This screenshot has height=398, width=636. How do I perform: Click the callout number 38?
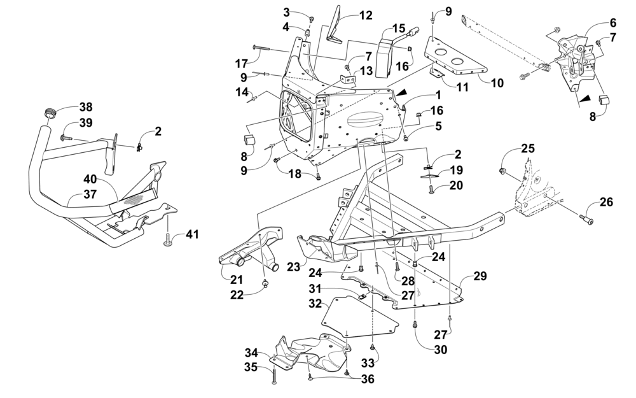coord(86,107)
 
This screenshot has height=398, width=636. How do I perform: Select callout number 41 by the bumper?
coord(193,234)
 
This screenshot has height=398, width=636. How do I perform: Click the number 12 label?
coord(366,15)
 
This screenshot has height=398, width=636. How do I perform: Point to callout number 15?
coord(399,29)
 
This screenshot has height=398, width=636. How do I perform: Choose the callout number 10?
coord(497,83)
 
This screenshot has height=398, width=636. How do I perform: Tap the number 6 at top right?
coord(612,23)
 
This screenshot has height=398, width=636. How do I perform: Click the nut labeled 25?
coord(502,171)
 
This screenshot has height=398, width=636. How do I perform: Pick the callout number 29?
coord(480,276)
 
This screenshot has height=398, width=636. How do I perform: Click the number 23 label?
coord(294,267)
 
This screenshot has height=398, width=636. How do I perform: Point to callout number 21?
coord(237,280)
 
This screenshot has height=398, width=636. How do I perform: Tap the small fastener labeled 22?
coord(266,283)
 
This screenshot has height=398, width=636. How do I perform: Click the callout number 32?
coord(315,303)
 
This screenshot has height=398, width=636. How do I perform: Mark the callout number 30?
coord(441,349)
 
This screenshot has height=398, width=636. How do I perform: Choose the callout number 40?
coord(90,179)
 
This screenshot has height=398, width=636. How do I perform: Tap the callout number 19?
coord(456,170)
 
